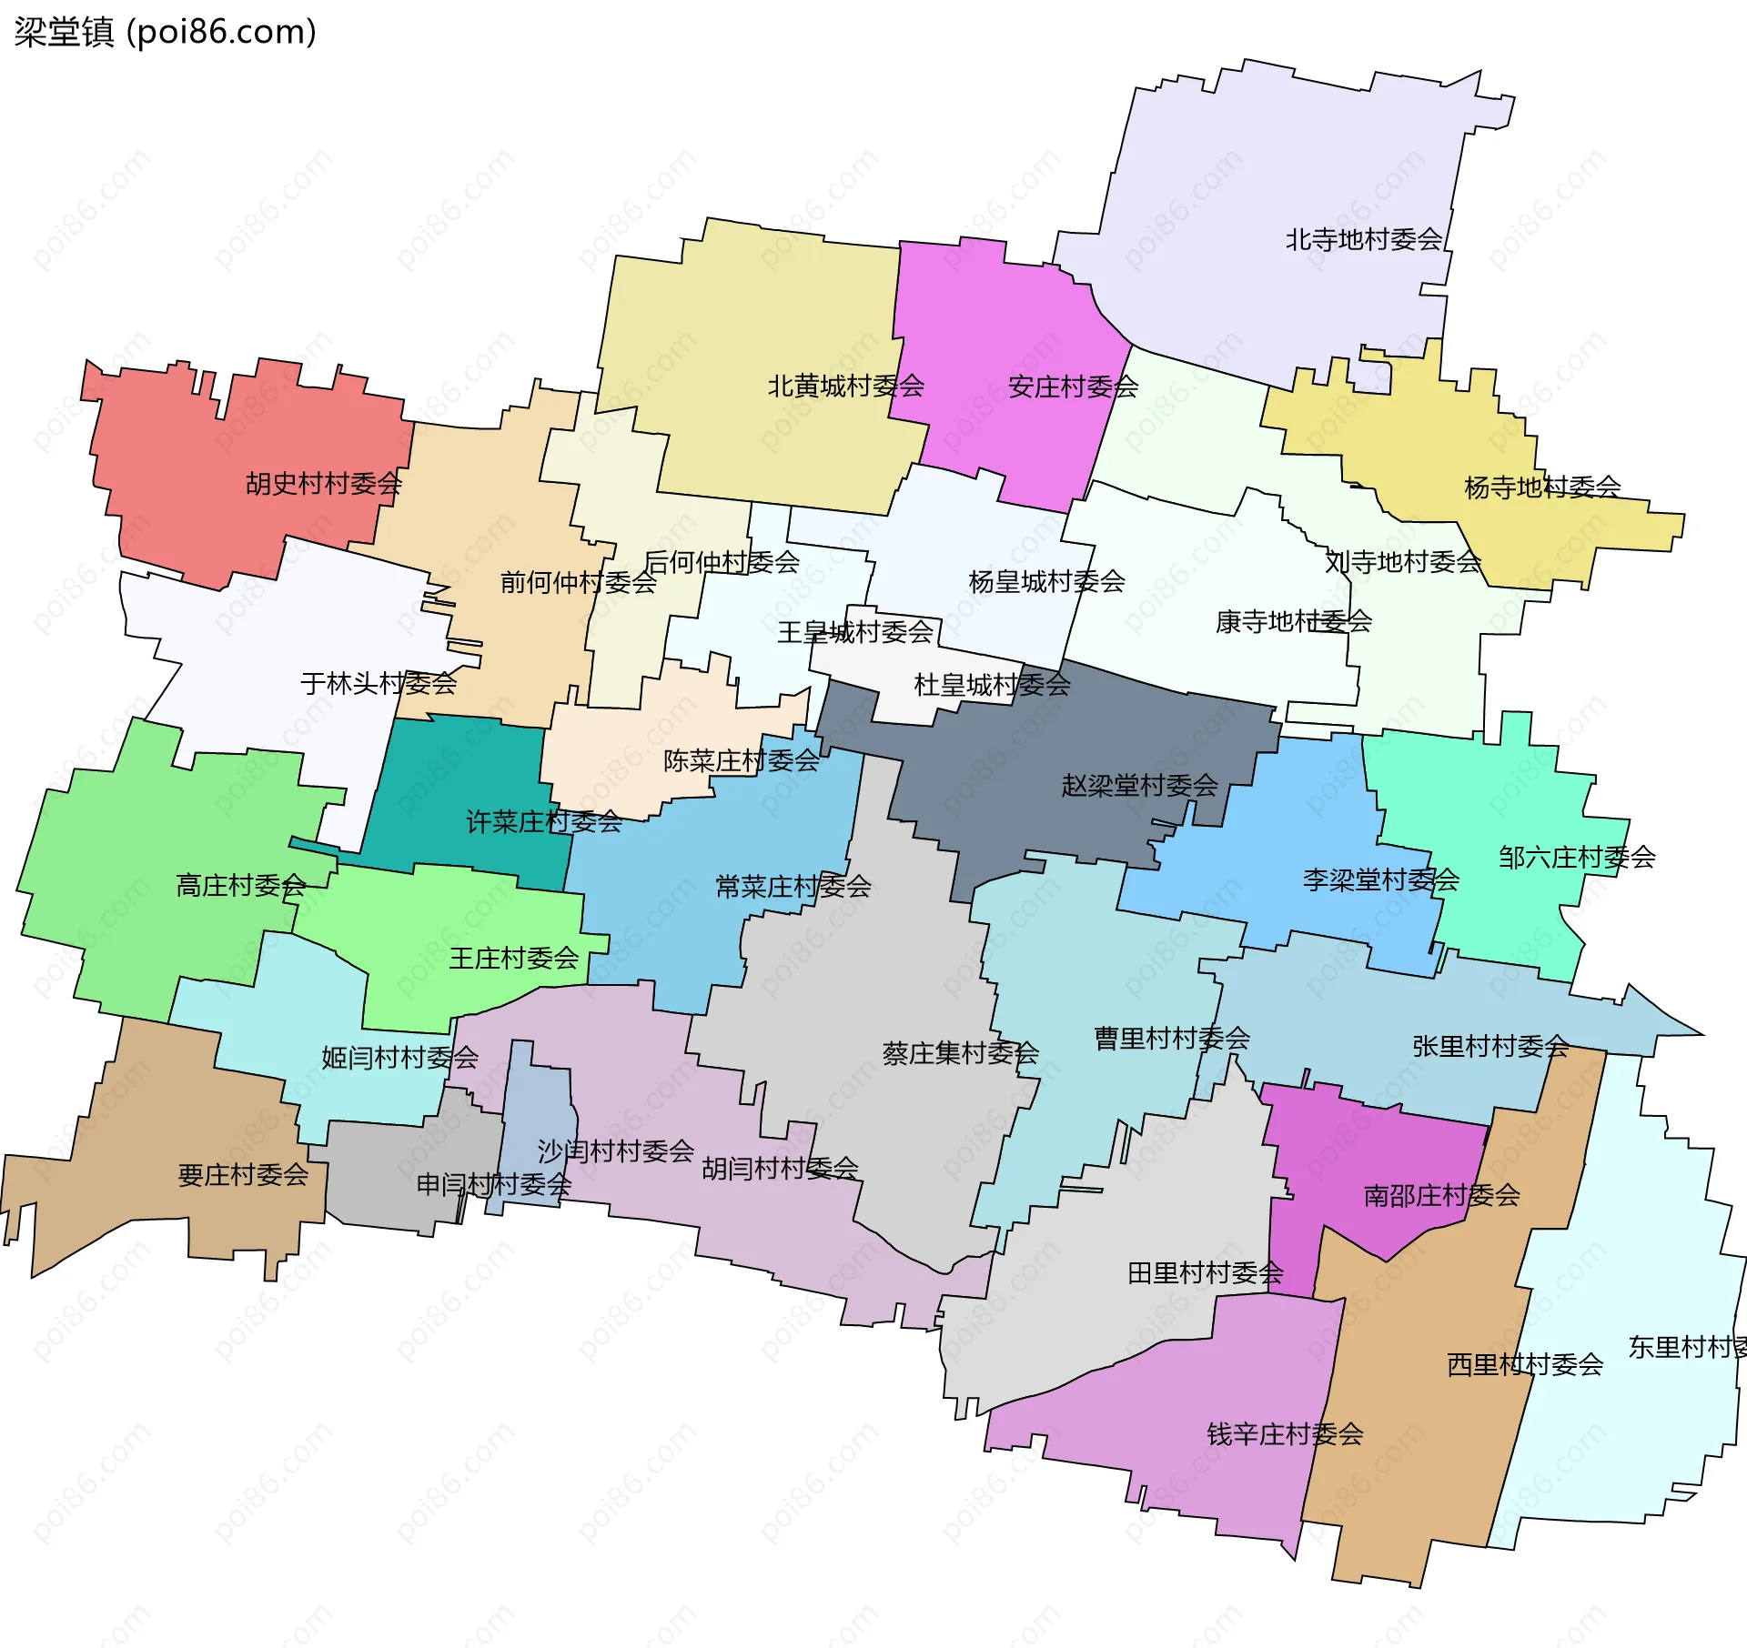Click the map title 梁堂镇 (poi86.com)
pos(165,32)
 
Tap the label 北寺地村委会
pos(1363,239)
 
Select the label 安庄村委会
pos(1073,387)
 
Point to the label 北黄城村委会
pos(845,386)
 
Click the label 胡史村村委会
pos(324,483)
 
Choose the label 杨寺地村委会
pos(1542,487)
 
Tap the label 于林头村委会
pos(379,683)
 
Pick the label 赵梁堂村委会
pos(1139,785)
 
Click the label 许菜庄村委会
pos(544,822)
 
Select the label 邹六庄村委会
pos(1577,857)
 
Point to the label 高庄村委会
pos(241,885)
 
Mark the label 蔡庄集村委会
pos(960,1053)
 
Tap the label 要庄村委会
pos(243,1175)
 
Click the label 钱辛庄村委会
pos(1285,1434)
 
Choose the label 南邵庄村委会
pos(1441,1195)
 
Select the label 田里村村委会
pos(1206,1273)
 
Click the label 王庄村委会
pos(514,958)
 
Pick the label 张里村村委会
pos(1490,1047)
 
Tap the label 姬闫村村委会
pos(399,1058)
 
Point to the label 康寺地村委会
pos(1293,621)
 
